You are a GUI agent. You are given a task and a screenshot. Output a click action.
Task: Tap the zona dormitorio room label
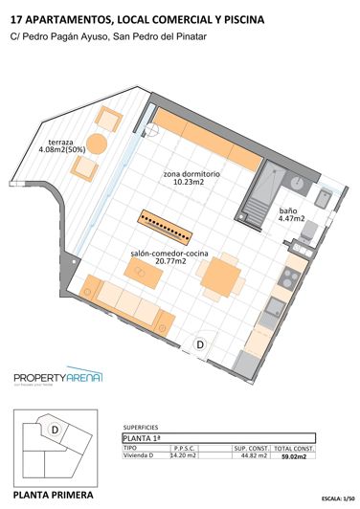coord(191,179)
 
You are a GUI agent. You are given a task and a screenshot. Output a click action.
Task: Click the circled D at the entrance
coord(201,343)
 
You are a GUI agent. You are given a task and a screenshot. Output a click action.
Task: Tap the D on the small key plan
coord(55,430)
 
